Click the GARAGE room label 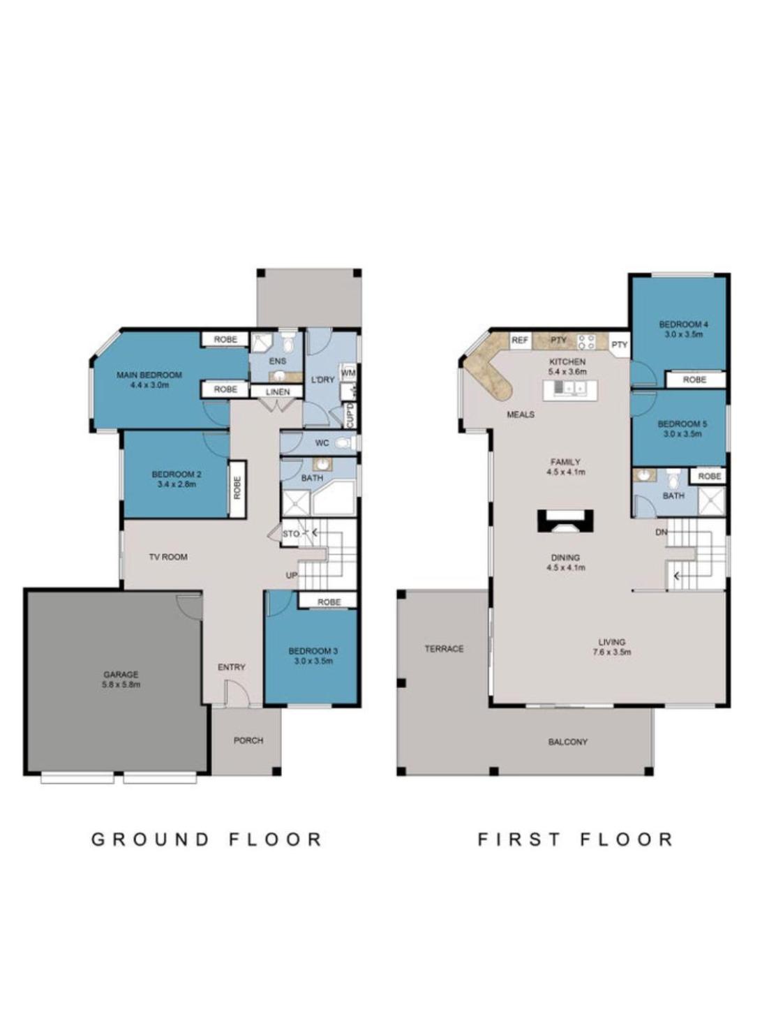(120, 674)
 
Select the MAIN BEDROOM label (149, 375)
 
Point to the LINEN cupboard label (278, 391)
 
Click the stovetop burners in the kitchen (585, 342)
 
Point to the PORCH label (248, 740)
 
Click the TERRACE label (444, 648)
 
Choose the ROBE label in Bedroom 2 (237, 488)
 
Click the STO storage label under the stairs (291, 534)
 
